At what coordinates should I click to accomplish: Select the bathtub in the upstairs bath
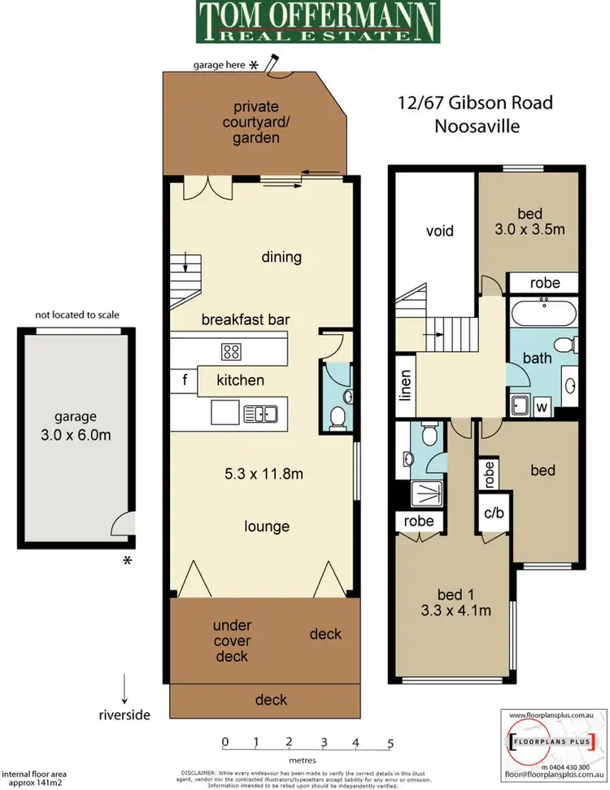click(543, 313)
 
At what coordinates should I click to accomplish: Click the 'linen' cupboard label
click(405, 386)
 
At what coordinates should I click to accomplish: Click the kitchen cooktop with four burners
click(231, 351)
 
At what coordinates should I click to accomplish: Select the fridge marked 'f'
click(184, 380)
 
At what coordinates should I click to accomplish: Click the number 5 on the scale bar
click(390, 742)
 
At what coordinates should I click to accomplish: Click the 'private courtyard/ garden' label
click(256, 122)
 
